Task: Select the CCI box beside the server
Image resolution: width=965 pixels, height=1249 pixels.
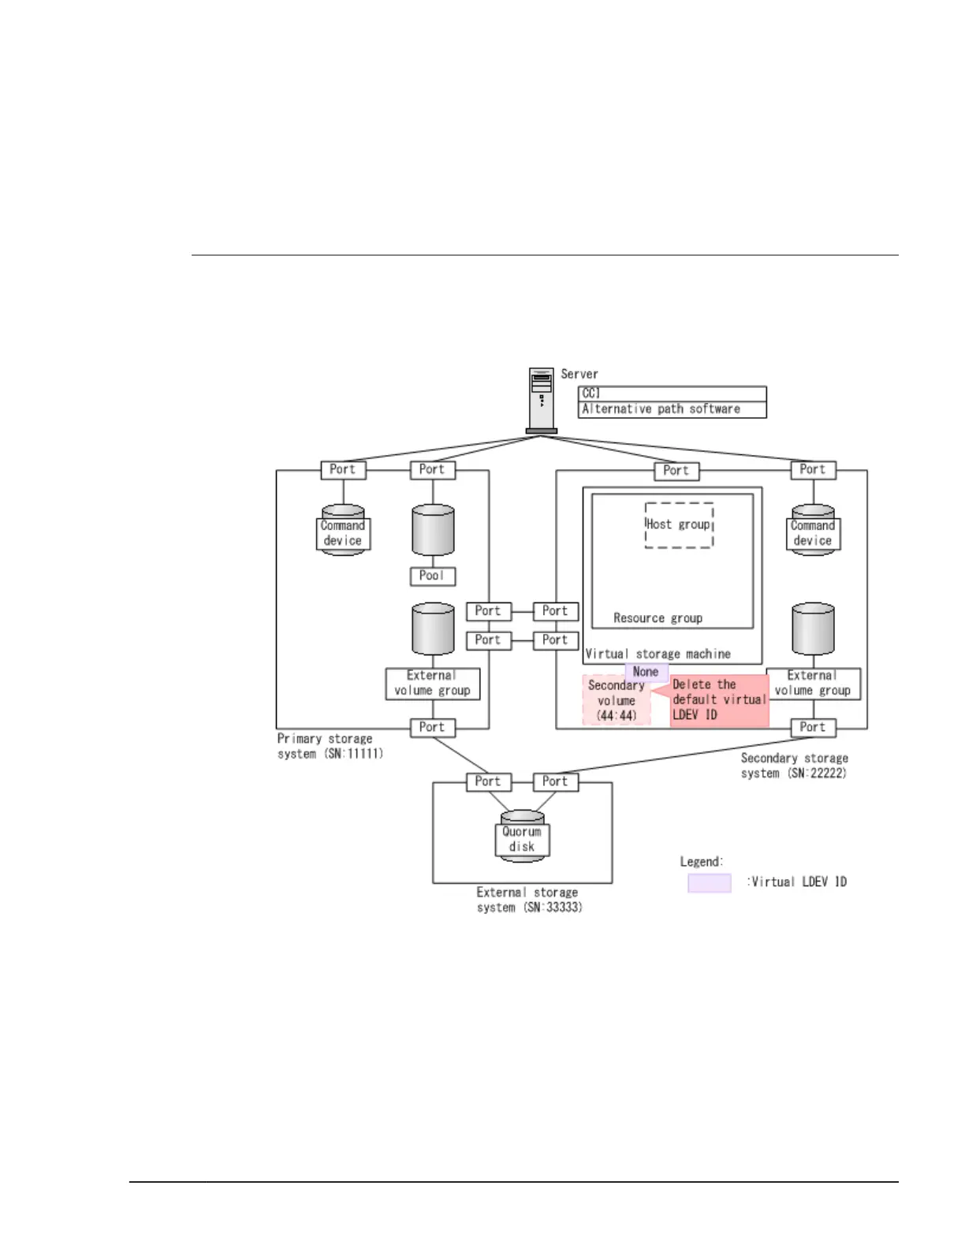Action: tap(672, 393)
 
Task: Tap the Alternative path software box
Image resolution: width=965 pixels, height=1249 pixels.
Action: tap(672, 409)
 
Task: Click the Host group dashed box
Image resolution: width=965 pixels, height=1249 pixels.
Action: tap(679, 525)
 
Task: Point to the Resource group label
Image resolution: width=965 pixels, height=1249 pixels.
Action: tap(658, 618)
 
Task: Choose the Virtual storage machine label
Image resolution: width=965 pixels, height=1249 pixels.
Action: tap(658, 654)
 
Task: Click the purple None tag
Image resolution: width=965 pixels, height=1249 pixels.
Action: tap(646, 672)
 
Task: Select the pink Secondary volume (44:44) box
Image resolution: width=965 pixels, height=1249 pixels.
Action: tap(617, 700)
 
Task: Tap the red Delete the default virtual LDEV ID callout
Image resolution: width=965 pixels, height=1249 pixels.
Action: tap(719, 700)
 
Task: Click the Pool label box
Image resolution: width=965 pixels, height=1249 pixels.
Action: tap(433, 576)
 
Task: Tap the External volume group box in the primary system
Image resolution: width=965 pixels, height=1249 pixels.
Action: tap(432, 684)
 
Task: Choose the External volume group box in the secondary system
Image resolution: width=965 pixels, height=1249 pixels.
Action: tap(813, 684)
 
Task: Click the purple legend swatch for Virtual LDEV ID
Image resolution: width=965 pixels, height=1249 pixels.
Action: tap(709, 882)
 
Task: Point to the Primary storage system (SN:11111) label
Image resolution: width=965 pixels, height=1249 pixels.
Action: tap(330, 746)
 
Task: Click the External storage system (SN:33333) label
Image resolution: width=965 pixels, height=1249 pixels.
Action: tap(528, 900)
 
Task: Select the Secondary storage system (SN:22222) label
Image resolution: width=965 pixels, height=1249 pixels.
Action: tap(794, 766)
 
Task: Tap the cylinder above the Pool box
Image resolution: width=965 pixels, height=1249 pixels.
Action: tap(433, 531)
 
